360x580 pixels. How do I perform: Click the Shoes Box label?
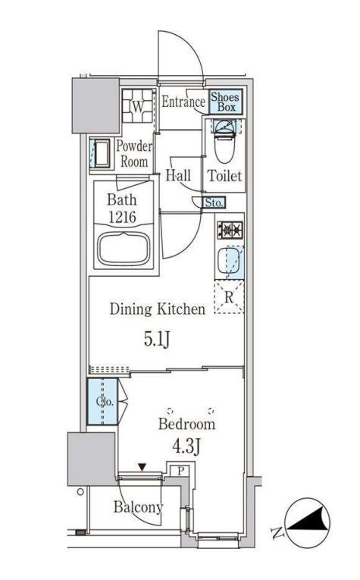(225, 102)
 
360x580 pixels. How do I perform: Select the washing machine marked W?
(137, 106)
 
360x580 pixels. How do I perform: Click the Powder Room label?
(134, 154)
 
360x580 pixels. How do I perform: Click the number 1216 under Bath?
(122, 217)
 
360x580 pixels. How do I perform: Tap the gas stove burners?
(230, 229)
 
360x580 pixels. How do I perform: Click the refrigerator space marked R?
(229, 298)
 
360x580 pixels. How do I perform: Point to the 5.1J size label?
(157, 339)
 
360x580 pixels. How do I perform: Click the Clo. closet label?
(105, 402)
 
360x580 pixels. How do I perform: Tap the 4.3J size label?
(186, 447)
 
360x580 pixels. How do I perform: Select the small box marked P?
(180, 472)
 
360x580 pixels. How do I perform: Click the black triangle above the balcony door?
(142, 468)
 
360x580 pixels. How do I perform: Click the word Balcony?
(138, 507)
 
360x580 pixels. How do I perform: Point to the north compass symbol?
(308, 522)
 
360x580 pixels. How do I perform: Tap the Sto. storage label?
(214, 202)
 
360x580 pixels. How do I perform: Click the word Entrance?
(183, 102)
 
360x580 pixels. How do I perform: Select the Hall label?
(178, 175)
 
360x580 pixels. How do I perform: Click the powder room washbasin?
(101, 153)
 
